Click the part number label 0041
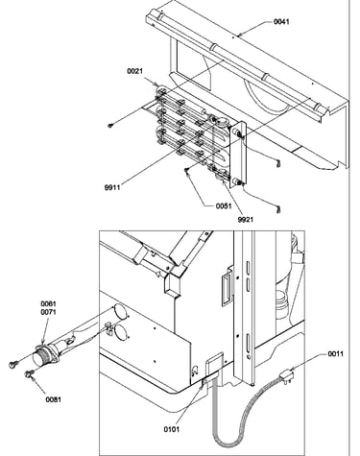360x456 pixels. click(281, 22)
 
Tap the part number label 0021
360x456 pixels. click(135, 71)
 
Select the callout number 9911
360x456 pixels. click(112, 187)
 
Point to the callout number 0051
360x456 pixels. click(224, 205)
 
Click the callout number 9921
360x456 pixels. click(246, 220)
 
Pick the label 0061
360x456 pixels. click(48, 303)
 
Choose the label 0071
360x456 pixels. click(48, 312)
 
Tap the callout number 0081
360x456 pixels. click(54, 399)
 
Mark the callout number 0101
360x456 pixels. click(172, 429)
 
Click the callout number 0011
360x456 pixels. click(335, 354)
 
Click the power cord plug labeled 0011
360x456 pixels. click(287, 375)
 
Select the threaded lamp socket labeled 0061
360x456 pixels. click(46, 355)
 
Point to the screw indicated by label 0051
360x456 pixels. click(187, 172)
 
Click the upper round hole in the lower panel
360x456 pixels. click(119, 311)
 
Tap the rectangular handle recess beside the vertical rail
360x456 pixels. click(227, 286)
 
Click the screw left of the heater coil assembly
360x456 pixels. click(111, 126)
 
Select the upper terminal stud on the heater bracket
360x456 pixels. click(238, 132)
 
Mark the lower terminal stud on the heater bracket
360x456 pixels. click(238, 182)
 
